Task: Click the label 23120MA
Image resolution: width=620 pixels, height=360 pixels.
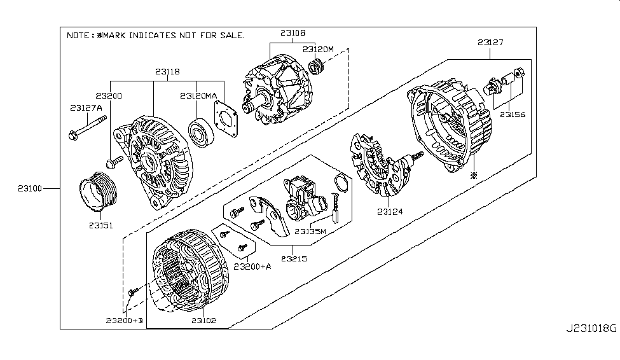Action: (x=199, y=96)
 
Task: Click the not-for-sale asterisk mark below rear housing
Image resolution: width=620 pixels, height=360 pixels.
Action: (x=472, y=175)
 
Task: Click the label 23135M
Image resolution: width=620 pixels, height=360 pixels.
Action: (x=308, y=232)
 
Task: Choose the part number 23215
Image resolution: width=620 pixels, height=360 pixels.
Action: (x=294, y=259)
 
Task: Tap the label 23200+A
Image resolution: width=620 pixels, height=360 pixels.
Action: (x=252, y=266)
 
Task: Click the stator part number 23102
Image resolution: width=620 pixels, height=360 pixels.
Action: (x=203, y=321)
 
